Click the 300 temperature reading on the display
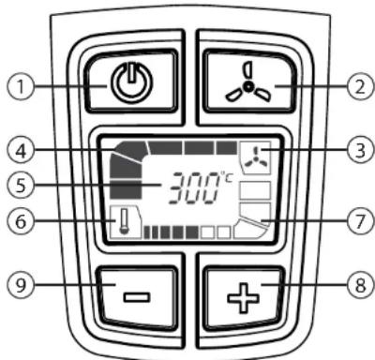[192, 190]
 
